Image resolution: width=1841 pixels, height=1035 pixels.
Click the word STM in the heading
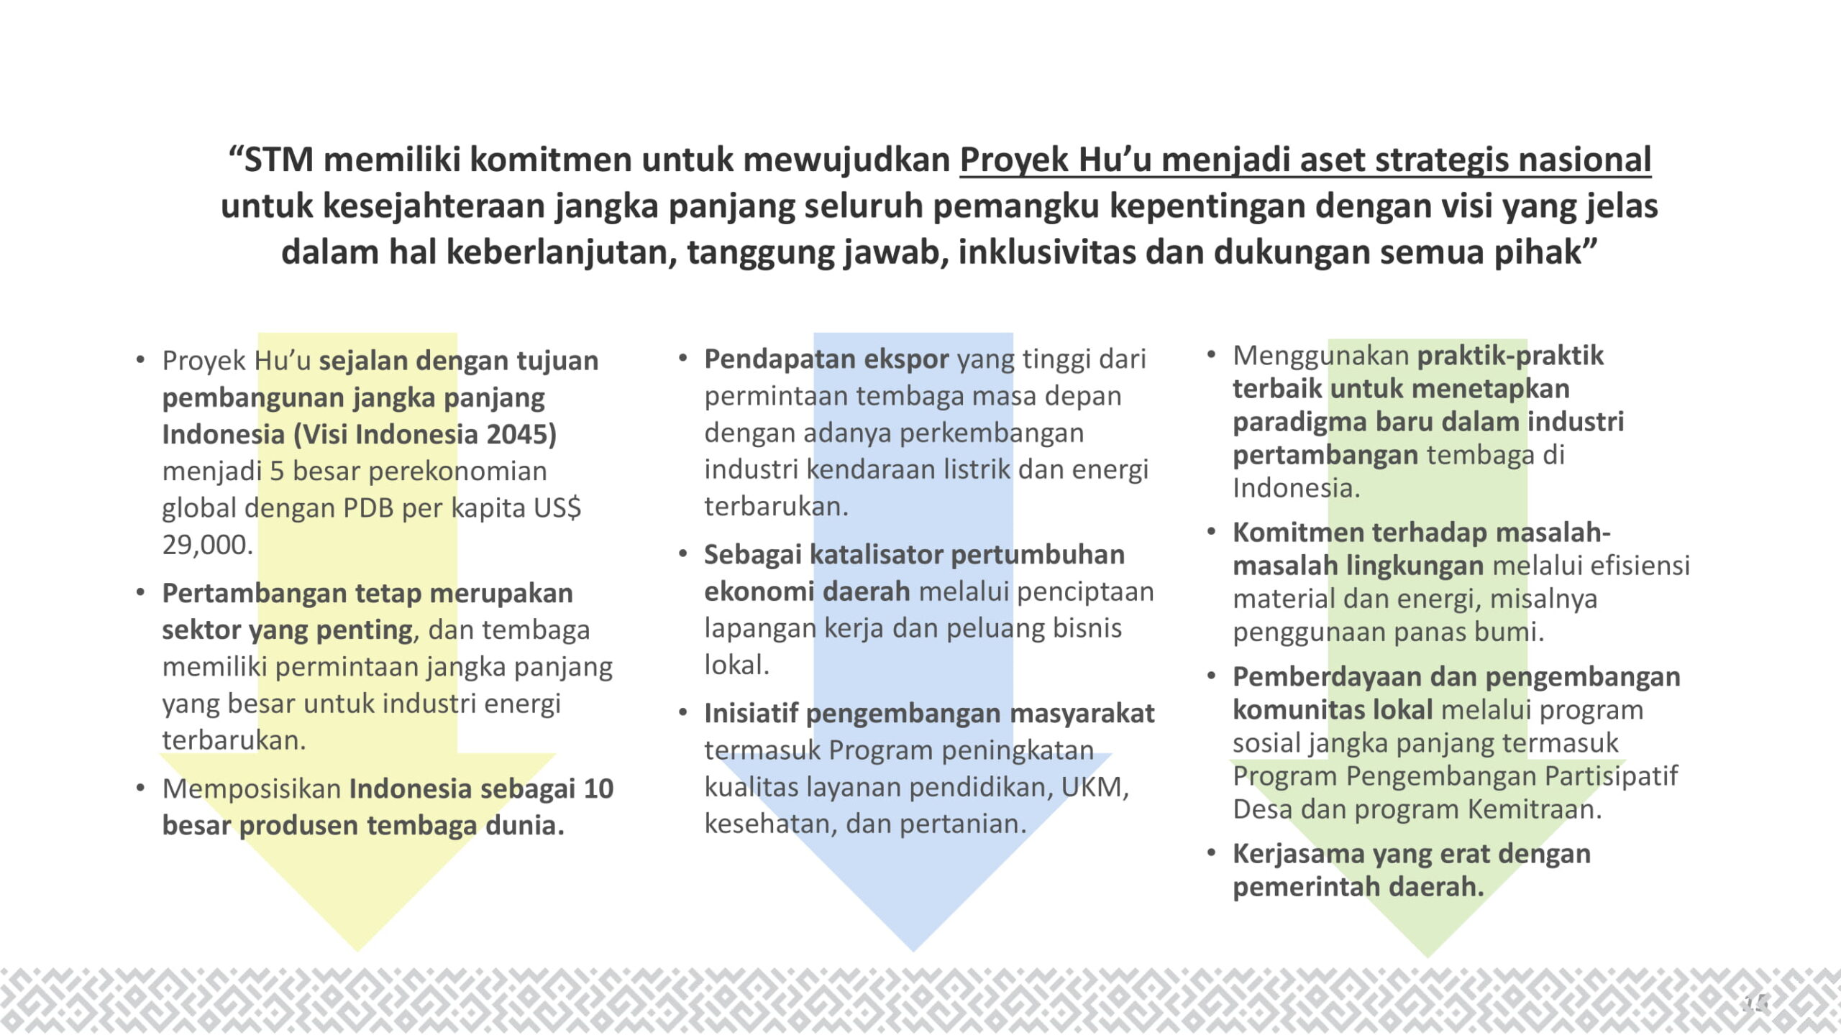[x=279, y=160]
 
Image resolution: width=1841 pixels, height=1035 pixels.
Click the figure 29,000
[x=207, y=545]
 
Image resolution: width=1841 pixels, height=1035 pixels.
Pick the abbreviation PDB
[x=368, y=508]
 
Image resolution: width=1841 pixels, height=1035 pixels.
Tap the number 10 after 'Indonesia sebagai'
[x=598, y=788]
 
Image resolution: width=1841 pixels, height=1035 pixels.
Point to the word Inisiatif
[x=751, y=713]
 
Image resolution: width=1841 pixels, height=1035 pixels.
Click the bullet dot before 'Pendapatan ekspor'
[x=683, y=357]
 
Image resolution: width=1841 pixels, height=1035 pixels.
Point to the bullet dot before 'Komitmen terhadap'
[x=1212, y=531]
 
